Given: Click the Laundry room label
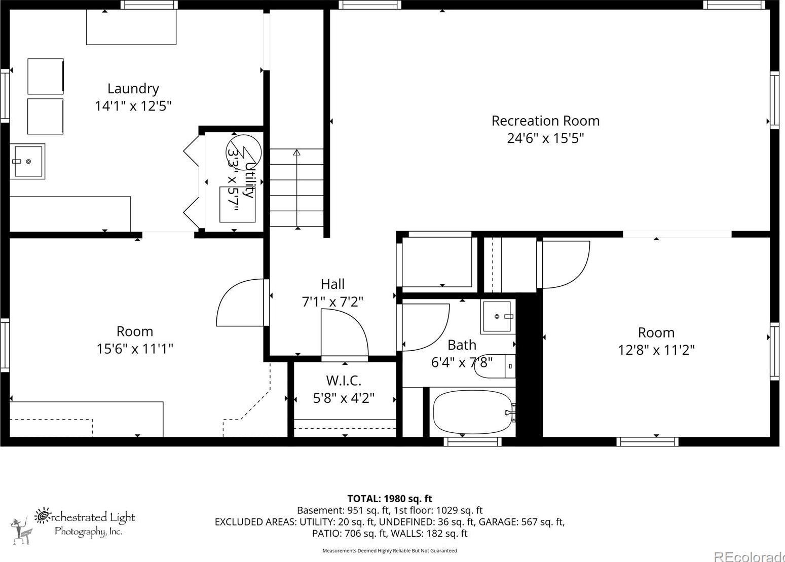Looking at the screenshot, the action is coord(133,89).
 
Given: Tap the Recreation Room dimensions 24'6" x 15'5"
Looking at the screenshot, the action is coord(546,138).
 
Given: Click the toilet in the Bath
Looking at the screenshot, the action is coord(495,366).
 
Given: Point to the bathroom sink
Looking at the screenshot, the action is coord(497,316).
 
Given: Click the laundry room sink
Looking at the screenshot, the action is coord(27,161).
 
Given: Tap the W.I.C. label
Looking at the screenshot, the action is coord(344,381).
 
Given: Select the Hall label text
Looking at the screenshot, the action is coord(332,284).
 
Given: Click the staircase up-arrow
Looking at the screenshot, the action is coord(297,189).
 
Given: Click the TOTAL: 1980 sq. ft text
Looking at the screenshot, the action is coord(390,499).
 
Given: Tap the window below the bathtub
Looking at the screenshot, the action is coord(473,441).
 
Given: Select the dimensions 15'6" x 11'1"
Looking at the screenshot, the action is coord(135,349).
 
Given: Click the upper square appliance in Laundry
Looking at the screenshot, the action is coord(46,77).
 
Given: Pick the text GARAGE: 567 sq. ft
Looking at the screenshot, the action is coord(521,522).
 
